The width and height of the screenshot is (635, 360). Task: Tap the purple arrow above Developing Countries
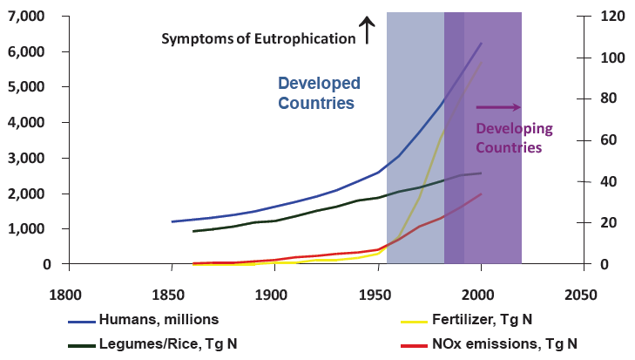[x=498, y=107]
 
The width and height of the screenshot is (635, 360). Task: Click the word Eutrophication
[x=304, y=39]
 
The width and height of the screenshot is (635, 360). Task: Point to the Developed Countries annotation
[x=318, y=92]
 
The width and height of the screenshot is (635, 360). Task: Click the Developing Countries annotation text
[x=514, y=138]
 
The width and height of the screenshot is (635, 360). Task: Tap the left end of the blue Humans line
[x=172, y=221]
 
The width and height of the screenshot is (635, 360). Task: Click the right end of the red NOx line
[x=481, y=194]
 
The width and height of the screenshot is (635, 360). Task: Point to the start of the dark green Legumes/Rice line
[x=193, y=231]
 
